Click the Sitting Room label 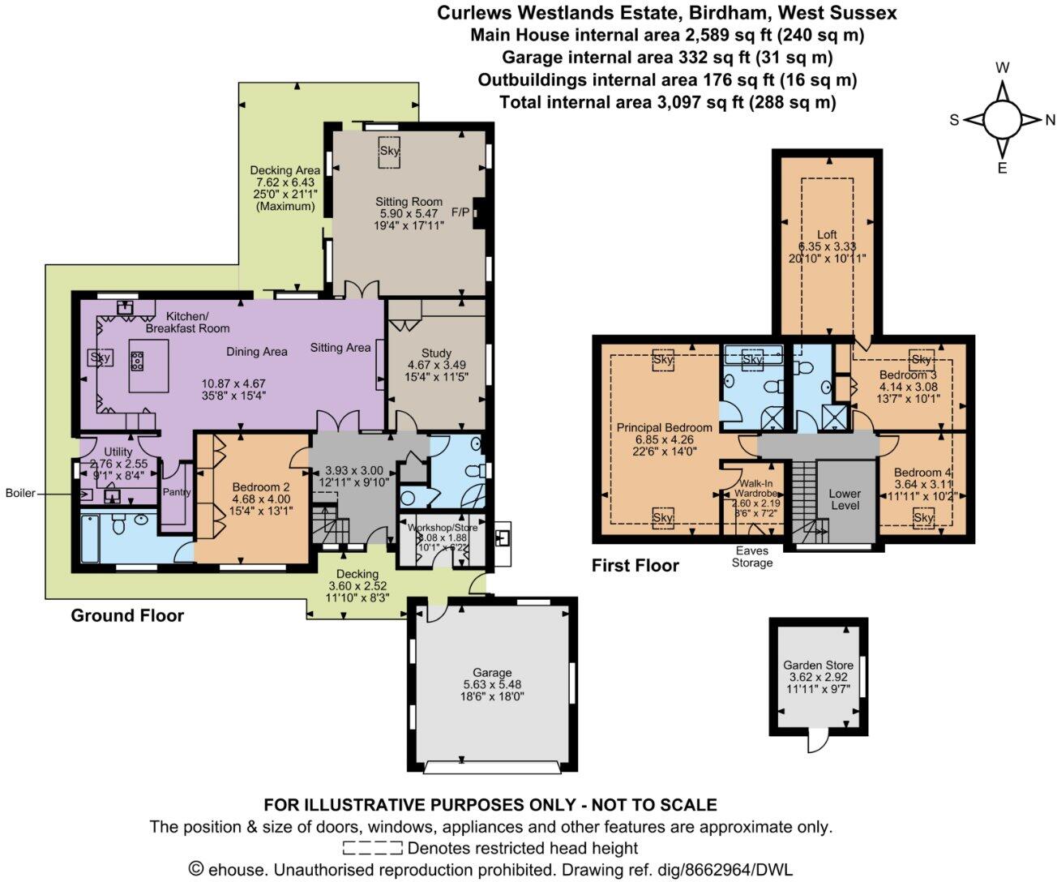[x=409, y=202]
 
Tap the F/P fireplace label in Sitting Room [x=460, y=212]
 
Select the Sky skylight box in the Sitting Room [x=391, y=152]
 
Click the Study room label [x=436, y=353]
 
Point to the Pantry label [x=177, y=492]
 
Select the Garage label [x=492, y=672]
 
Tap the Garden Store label [x=818, y=665]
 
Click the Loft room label [x=827, y=234]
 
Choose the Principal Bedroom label [x=664, y=427]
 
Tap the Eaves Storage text [x=751, y=556]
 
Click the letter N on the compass [x=1050, y=120]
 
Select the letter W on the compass [x=1002, y=69]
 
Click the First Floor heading [x=635, y=566]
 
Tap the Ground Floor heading [x=127, y=615]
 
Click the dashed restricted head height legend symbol [x=372, y=849]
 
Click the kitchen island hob [x=136, y=360]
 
